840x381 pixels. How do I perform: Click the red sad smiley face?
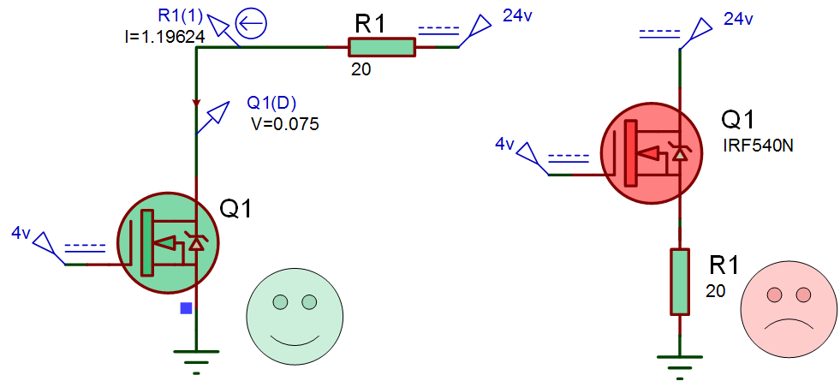789,313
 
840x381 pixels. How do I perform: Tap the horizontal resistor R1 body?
381,47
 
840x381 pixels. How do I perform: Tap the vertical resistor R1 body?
679,282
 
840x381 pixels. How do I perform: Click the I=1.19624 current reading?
163,37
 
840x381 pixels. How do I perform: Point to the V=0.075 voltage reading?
285,124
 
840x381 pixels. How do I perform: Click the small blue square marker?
186,308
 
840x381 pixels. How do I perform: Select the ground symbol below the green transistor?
196,360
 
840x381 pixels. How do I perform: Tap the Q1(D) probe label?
271,103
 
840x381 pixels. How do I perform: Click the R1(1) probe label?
181,16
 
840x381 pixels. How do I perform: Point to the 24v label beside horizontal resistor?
517,16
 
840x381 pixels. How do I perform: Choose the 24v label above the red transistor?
739,20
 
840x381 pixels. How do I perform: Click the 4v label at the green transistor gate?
21,233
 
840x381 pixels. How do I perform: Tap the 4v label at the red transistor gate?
504,144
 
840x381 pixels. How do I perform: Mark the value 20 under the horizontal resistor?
361,69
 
